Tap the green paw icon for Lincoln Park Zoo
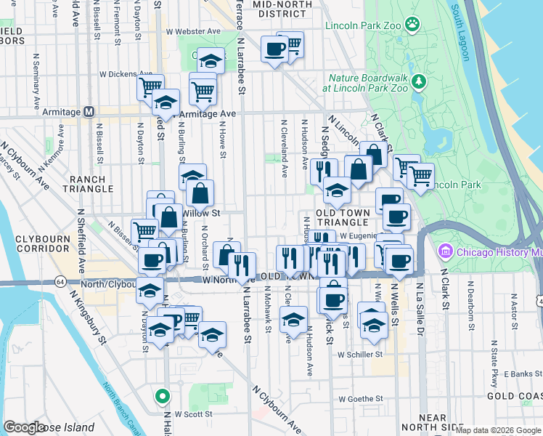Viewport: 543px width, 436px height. coord(412,25)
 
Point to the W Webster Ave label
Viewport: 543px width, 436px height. coord(192,32)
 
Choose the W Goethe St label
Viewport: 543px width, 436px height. coord(360,399)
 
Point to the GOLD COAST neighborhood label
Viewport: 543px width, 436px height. coord(515,396)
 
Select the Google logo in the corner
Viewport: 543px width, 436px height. coord(24,427)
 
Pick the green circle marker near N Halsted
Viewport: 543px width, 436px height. coord(163,397)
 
